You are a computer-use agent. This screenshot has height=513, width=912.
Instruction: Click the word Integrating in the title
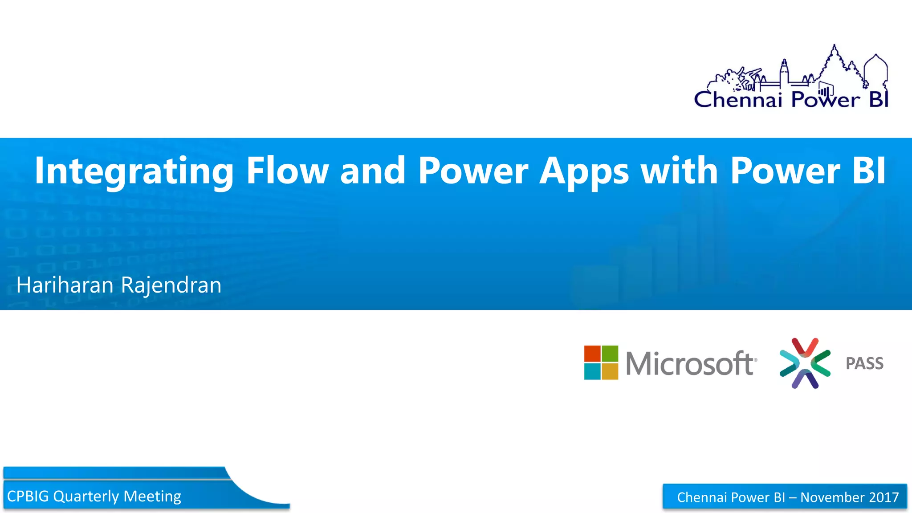134,171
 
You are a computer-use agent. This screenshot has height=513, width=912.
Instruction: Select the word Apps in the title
584,171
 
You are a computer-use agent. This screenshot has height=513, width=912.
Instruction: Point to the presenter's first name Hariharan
65,285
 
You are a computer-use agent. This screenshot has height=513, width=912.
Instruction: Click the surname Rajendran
171,285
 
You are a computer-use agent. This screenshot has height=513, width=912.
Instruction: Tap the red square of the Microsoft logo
592,354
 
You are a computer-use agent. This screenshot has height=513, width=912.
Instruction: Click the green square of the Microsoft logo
610,354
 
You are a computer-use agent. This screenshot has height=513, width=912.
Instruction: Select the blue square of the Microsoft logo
592,371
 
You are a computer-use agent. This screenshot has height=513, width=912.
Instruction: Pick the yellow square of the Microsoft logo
610,371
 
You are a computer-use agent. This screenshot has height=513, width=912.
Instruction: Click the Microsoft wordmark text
691,363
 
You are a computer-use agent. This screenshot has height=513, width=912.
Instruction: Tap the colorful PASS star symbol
805,363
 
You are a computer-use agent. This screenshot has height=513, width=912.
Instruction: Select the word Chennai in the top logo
738,99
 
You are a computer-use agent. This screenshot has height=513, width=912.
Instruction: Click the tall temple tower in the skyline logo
834,62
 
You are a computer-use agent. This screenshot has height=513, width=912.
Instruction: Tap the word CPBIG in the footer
28,496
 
